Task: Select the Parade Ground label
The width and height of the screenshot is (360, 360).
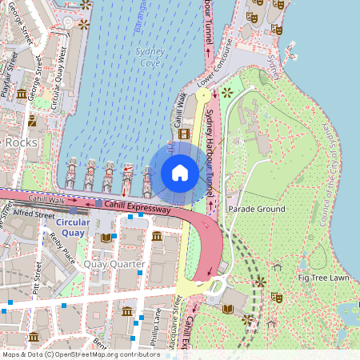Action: (256, 209)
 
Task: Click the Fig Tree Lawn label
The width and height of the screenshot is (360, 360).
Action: (324, 278)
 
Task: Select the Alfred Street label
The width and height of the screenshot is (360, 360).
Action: (33, 214)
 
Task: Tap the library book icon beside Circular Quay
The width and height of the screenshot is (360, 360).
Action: (106, 238)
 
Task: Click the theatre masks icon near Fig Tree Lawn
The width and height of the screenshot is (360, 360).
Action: (278, 297)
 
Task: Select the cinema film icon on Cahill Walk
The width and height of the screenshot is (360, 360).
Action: (185, 134)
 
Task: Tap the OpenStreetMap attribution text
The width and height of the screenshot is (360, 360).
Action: (80, 354)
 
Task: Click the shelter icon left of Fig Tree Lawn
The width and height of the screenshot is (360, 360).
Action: (277, 266)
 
